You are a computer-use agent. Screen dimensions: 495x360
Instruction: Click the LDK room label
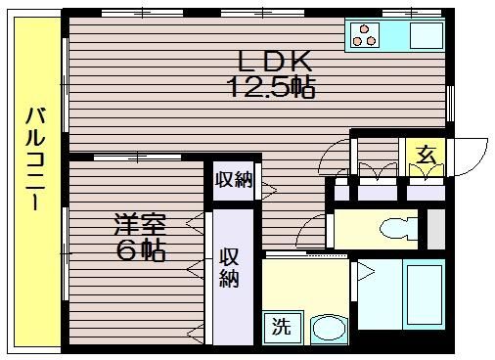click(x=274, y=62)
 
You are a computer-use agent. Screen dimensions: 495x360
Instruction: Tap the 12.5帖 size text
click(x=273, y=87)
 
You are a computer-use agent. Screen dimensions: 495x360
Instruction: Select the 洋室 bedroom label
click(x=140, y=224)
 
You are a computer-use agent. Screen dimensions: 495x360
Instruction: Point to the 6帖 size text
click(x=141, y=250)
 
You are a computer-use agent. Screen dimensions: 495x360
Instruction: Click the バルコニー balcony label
click(x=35, y=158)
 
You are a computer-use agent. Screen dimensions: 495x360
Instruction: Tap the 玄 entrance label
click(x=427, y=155)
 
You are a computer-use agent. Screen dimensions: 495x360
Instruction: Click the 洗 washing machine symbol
click(x=283, y=327)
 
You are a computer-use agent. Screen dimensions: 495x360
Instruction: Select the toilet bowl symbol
click(x=398, y=229)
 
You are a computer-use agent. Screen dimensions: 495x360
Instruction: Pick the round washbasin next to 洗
click(x=328, y=329)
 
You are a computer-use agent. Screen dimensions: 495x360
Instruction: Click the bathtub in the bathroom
click(x=424, y=294)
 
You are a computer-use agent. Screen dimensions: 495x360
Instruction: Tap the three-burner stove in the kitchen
click(x=364, y=35)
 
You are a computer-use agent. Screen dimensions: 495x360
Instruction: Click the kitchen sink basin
click(x=426, y=35)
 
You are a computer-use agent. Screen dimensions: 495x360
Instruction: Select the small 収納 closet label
click(x=234, y=180)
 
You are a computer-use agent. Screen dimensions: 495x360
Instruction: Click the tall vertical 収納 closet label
click(x=229, y=267)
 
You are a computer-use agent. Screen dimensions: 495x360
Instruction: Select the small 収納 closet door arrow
click(x=269, y=190)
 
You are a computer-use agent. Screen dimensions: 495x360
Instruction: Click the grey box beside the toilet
click(x=436, y=229)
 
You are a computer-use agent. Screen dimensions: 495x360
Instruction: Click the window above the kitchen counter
click(x=412, y=13)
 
